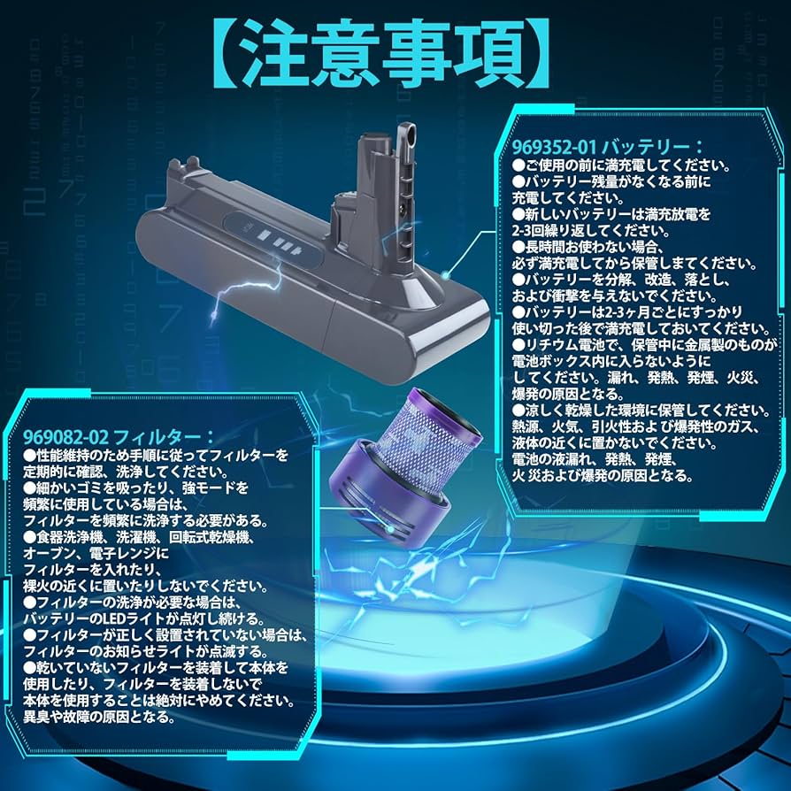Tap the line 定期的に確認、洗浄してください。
coord(124,472)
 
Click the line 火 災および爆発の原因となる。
coord(602,476)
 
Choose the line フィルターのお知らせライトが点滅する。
coord(144,651)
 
